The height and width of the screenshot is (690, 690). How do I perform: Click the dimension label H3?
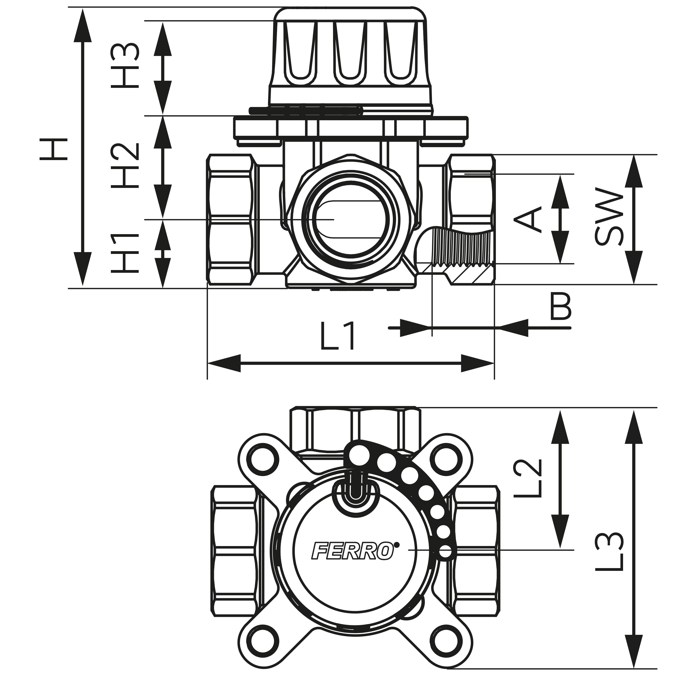pos(124,65)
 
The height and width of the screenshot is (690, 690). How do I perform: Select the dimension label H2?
pos(124,166)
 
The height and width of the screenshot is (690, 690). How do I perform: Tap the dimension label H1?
pos(124,253)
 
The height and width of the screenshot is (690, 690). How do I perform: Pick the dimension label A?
pos(528,218)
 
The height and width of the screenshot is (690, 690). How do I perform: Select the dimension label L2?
pos(528,478)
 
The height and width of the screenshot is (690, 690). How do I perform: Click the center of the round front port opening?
pos(351,219)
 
